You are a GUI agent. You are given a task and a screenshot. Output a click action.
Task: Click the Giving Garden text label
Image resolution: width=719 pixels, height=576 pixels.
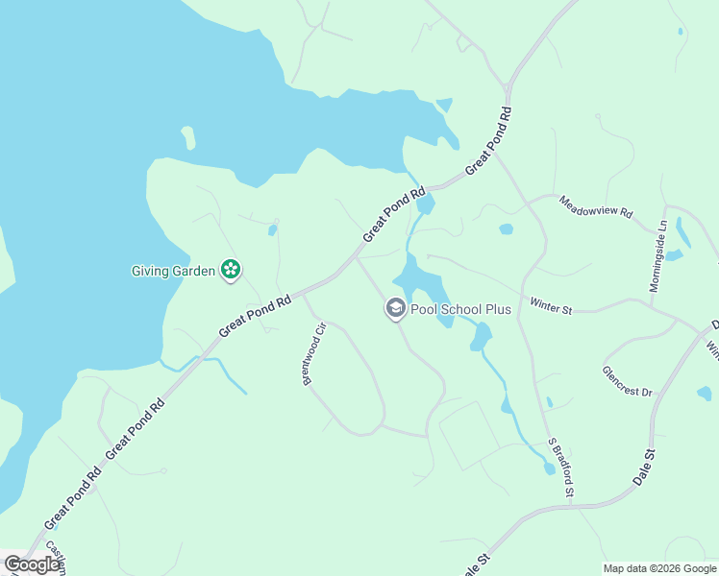173,271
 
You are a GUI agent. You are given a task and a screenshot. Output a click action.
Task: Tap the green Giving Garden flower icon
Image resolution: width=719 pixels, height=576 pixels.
231,270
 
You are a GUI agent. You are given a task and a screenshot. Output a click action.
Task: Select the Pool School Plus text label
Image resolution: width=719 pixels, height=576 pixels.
460,309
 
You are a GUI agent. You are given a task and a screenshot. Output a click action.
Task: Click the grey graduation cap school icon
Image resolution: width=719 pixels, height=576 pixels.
395,309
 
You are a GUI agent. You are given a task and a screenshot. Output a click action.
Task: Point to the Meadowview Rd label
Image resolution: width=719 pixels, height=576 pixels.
596,206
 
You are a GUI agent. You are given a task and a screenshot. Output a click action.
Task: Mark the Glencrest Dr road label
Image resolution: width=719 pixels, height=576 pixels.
627,381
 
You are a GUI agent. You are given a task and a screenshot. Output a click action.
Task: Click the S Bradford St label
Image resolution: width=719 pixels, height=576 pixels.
560,468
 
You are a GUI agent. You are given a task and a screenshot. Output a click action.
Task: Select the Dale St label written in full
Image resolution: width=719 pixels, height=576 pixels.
643,467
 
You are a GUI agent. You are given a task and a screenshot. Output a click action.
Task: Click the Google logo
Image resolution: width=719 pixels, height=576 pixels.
32,564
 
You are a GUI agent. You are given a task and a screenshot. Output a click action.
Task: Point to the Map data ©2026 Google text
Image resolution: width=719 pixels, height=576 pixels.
660,568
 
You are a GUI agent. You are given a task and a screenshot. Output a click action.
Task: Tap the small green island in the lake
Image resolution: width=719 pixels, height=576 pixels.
188,138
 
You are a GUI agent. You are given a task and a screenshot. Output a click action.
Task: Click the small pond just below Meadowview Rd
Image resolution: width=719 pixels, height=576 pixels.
506,229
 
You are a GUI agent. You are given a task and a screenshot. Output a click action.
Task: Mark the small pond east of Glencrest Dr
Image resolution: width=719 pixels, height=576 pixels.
705,393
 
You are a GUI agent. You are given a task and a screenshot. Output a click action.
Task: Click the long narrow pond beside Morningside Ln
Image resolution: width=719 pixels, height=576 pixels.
682,232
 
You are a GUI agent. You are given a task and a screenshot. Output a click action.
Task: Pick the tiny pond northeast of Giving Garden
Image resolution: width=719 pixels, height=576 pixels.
273,230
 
